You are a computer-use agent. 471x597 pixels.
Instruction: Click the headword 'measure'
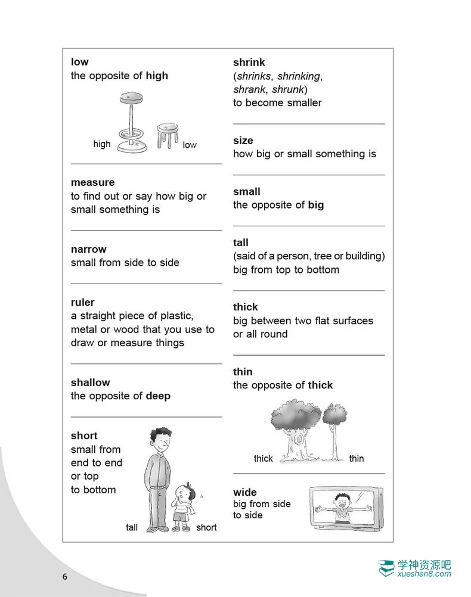click(x=92, y=182)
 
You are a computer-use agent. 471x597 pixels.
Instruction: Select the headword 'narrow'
click(x=88, y=249)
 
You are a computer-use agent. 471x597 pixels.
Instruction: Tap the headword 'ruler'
click(x=82, y=303)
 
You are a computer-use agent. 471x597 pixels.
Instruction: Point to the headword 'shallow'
click(x=90, y=383)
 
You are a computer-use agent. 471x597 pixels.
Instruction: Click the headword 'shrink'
click(x=249, y=62)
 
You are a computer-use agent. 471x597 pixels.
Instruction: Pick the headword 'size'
click(x=243, y=141)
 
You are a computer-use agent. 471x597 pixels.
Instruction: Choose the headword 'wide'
click(x=245, y=492)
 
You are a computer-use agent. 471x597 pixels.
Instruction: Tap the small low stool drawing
click(x=168, y=135)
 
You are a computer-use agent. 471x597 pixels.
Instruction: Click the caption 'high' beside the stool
click(x=102, y=144)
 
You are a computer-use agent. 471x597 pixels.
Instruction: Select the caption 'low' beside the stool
click(x=190, y=145)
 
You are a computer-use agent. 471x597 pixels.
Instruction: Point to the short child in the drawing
click(x=181, y=506)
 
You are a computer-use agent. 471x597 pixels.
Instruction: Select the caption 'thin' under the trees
click(x=357, y=458)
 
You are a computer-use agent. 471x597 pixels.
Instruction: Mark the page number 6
click(x=65, y=577)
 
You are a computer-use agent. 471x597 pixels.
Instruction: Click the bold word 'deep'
click(x=158, y=396)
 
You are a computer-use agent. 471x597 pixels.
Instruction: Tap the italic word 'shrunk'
click(x=287, y=89)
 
